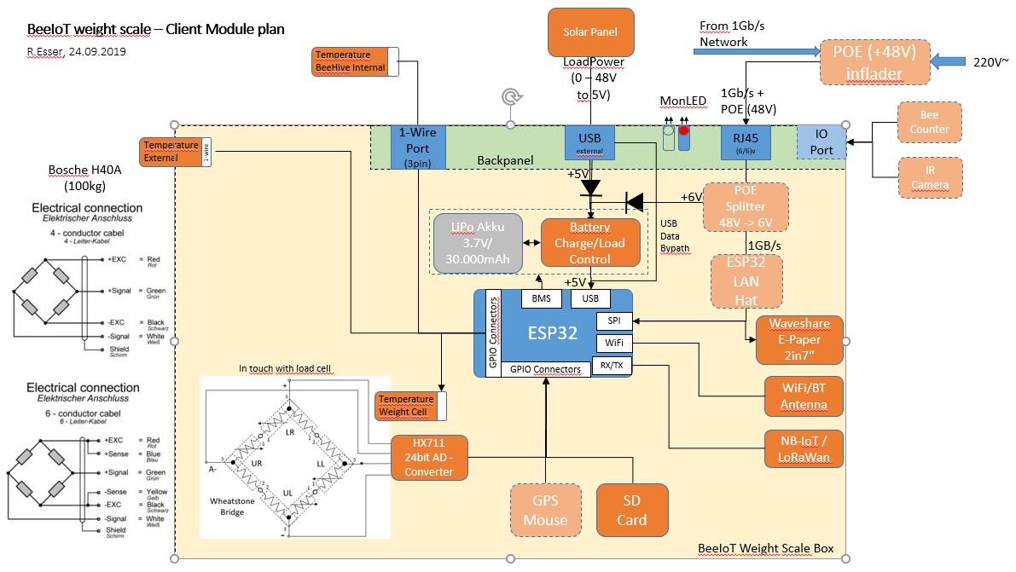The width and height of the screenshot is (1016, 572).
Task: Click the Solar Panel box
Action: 591,32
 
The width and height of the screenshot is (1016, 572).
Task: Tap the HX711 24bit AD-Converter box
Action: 429,457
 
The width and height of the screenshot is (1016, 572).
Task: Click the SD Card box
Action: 631,511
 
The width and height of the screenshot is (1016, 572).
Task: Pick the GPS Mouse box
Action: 545,511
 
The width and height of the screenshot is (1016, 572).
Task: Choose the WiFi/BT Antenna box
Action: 804,396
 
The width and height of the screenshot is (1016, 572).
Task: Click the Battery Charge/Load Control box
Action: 589,244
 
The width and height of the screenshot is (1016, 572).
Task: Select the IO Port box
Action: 822,142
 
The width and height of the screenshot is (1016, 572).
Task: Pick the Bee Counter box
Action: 929,122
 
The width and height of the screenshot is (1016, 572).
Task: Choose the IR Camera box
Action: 929,177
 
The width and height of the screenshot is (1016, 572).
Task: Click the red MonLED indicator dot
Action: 683,131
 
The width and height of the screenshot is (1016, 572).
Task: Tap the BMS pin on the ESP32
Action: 541,298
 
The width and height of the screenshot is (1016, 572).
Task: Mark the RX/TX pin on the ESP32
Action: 612,366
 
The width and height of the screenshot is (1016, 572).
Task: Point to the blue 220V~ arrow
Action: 949,61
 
